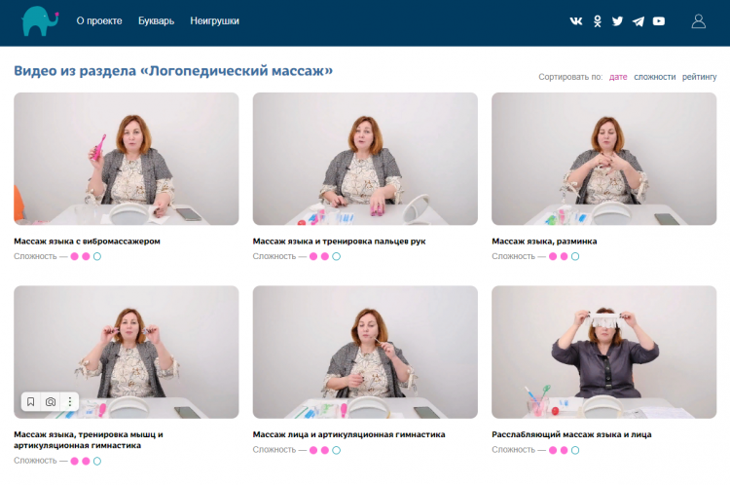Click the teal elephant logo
(x=40, y=21)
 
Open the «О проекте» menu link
(x=99, y=21)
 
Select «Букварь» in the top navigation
(x=156, y=21)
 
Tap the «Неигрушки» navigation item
(x=215, y=21)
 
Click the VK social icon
(x=576, y=21)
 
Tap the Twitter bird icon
(x=617, y=21)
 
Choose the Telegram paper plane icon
(x=638, y=21)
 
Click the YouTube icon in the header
(x=659, y=21)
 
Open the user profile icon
(x=698, y=21)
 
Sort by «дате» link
(x=618, y=77)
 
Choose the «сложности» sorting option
(x=655, y=77)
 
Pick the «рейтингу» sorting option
(x=699, y=77)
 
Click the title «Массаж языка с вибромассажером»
(x=87, y=242)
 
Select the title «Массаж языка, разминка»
(x=544, y=242)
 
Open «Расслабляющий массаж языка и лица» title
(x=571, y=434)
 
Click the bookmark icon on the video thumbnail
(x=31, y=401)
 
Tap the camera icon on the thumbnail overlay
(x=51, y=401)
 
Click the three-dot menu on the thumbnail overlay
(x=70, y=401)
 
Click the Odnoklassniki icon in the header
(x=598, y=21)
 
